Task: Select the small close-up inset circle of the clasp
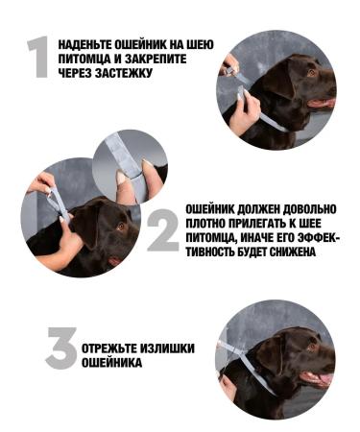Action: pos(130,165)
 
